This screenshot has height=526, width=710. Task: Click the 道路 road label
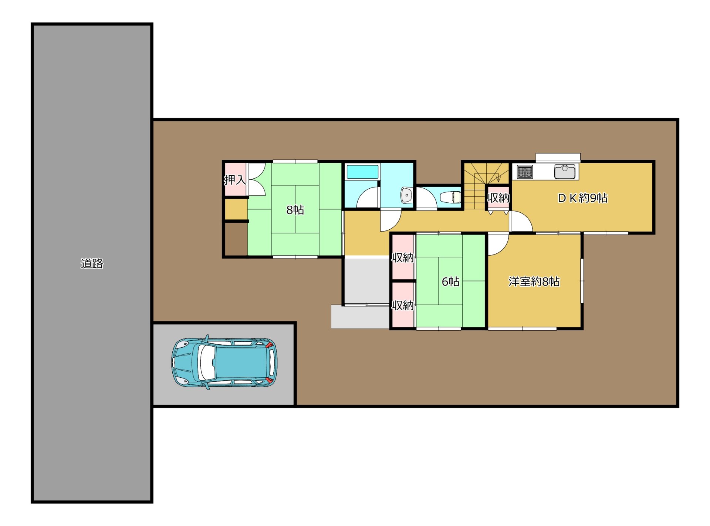pyautogui.click(x=92, y=263)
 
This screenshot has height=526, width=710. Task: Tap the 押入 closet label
pyautogui.click(x=235, y=180)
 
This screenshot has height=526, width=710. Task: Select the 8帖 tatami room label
pyautogui.click(x=295, y=210)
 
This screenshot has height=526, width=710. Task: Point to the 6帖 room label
pyautogui.click(x=450, y=281)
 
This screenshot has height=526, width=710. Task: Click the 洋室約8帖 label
pyautogui.click(x=534, y=281)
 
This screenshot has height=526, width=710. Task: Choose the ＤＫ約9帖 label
pyautogui.click(x=582, y=198)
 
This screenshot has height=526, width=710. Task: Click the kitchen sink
pyautogui.click(x=565, y=172)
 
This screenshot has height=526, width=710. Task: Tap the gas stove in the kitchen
pyautogui.click(x=525, y=172)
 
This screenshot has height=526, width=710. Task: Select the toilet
pyautogui.click(x=450, y=197)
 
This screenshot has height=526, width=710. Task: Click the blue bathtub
pyautogui.click(x=362, y=172)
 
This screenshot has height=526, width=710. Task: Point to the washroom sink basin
pyautogui.click(x=406, y=195)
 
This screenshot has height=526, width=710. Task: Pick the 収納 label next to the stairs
pyautogui.click(x=498, y=198)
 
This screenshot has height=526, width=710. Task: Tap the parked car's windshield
pyautogui.click(x=207, y=363)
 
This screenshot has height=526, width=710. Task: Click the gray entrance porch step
pyautogui.click(x=360, y=317)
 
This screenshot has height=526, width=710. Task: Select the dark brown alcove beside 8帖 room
pyautogui.click(x=236, y=239)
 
